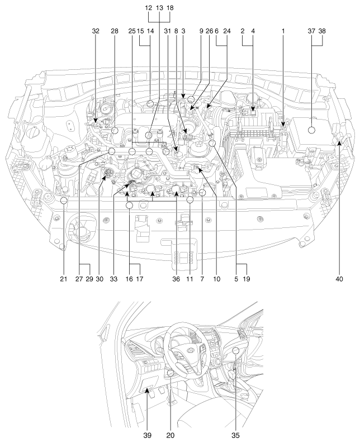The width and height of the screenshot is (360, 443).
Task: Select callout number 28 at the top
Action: coord(115,31)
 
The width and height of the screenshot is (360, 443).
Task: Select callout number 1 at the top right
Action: coord(284,31)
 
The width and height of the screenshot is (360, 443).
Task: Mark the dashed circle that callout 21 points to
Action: coord(64,201)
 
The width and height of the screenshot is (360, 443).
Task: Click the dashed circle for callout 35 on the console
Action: coord(235,351)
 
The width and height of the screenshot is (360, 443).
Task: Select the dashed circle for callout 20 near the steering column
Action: coord(171,374)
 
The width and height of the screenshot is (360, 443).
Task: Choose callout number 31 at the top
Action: coord(167,31)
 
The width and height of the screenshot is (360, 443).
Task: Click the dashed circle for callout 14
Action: coord(150,103)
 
